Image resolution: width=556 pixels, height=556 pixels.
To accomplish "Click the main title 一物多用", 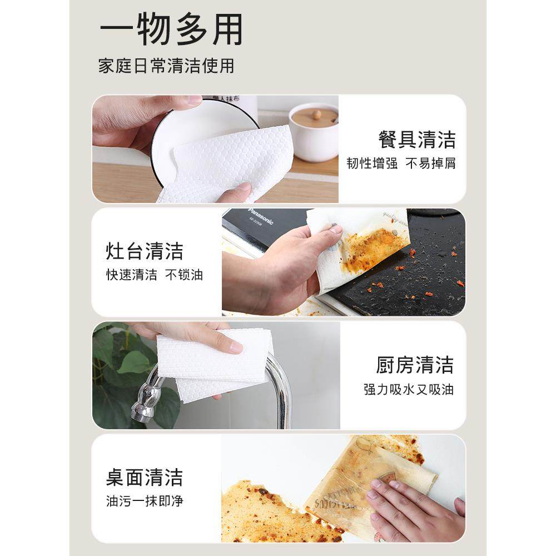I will pyautogui.click(x=171, y=30).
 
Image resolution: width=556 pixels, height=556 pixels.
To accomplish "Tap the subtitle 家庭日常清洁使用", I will pyautogui.click(x=166, y=66).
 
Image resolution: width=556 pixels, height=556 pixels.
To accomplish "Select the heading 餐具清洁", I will pyautogui.click(x=417, y=139).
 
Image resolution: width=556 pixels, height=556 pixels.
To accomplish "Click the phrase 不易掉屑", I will pyautogui.click(x=430, y=163).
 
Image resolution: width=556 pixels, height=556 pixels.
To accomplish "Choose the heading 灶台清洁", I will pyautogui.click(x=145, y=251).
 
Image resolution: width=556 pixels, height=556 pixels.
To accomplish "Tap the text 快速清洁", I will pyautogui.click(x=132, y=275).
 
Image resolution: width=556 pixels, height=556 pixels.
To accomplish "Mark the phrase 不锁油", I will pyautogui.click(x=184, y=275).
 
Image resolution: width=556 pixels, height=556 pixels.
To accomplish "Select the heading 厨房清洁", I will pyautogui.click(x=415, y=365).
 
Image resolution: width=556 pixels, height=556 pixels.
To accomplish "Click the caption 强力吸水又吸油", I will pyautogui.click(x=409, y=389).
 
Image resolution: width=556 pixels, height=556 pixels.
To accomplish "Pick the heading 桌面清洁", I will pyautogui.click(x=145, y=477).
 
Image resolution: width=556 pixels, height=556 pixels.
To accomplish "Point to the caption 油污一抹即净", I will pyautogui.click(x=145, y=501).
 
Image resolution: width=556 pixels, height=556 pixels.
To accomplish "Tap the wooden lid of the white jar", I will pyautogui.click(x=315, y=116).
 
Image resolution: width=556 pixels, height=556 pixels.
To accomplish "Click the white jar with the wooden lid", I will pyautogui.click(x=314, y=133).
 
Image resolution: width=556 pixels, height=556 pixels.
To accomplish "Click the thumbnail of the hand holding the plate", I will pyautogui.click(x=215, y=149).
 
